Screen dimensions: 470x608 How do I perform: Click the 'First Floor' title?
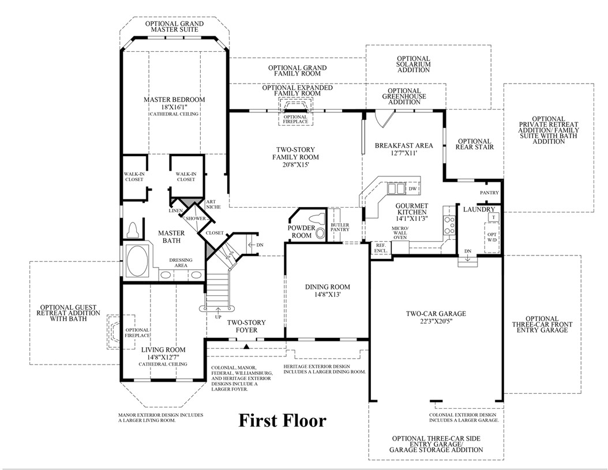(x=282, y=420)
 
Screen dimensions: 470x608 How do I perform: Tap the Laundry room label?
(x=478, y=209)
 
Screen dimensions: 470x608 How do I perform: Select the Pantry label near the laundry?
(x=489, y=192)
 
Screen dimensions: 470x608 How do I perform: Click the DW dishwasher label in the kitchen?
(x=412, y=188)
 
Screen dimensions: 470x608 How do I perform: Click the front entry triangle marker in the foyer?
(x=246, y=347)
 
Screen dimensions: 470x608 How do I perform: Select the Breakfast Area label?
(x=395, y=145)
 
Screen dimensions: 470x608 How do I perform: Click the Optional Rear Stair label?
(x=474, y=144)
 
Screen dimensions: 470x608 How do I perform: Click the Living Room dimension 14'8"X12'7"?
(x=163, y=357)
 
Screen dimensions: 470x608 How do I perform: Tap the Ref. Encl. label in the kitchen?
(x=380, y=247)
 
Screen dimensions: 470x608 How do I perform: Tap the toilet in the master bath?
(x=134, y=230)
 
